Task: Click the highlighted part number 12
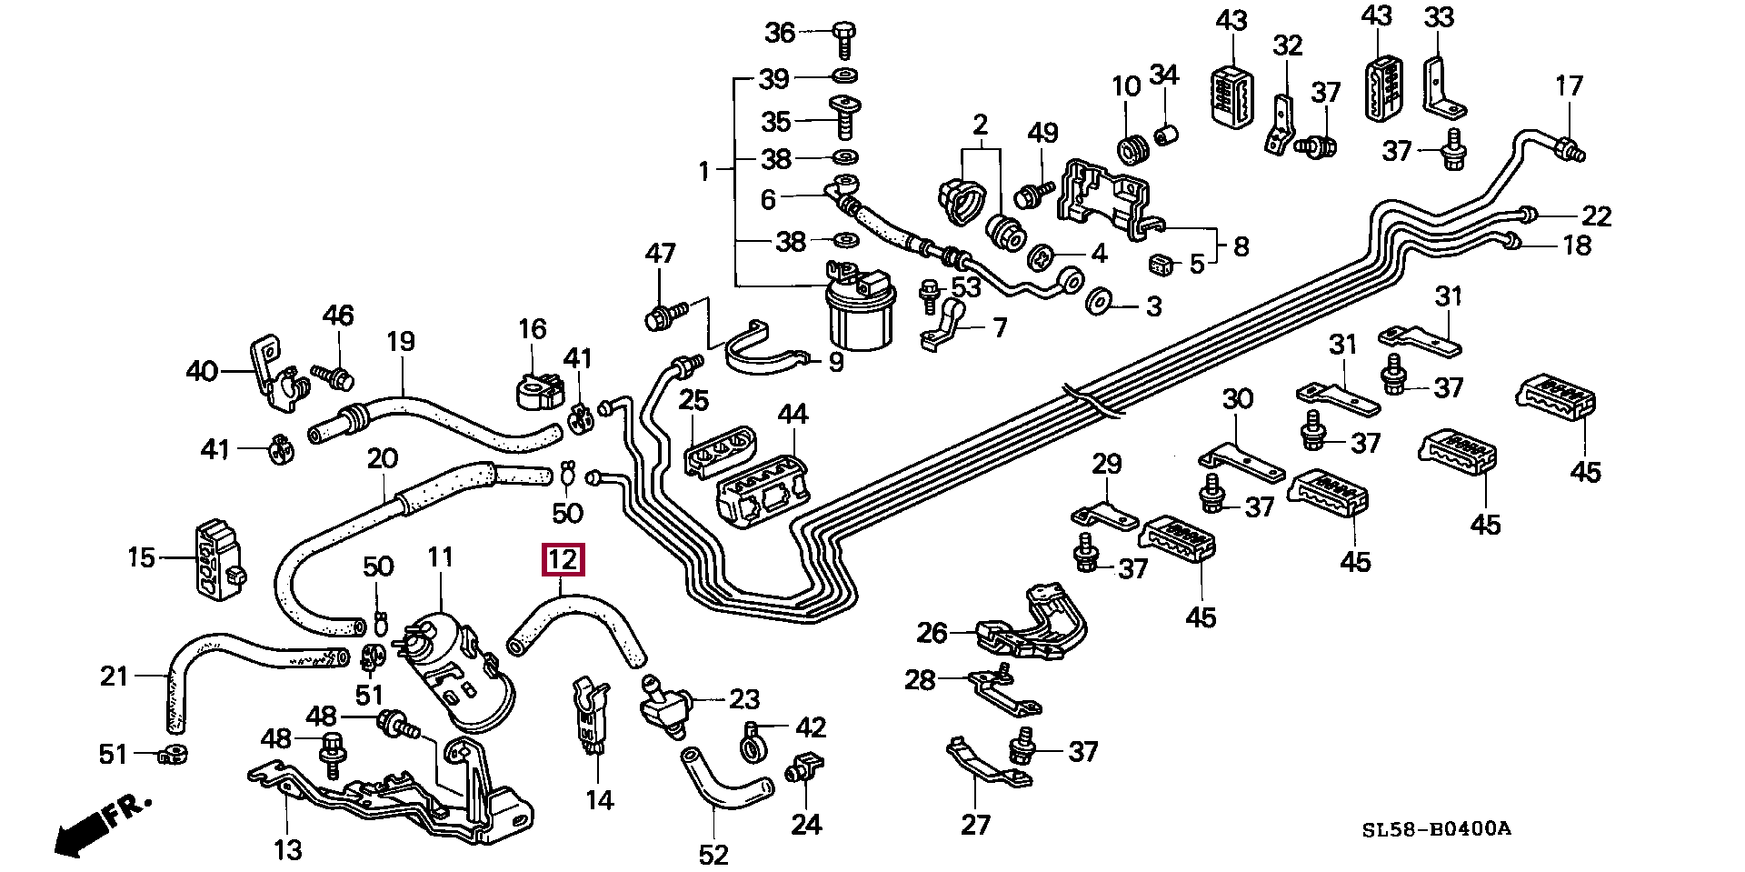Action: (x=563, y=560)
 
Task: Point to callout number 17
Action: (x=1569, y=86)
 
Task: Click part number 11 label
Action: (x=440, y=557)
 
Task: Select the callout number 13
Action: (x=287, y=849)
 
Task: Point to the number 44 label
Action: (x=793, y=415)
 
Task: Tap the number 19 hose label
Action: (x=400, y=342)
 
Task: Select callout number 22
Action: (x=1596, y=216)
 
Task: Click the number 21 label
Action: (x=115, y=677)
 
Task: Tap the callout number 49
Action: (x=1042, y=133)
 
